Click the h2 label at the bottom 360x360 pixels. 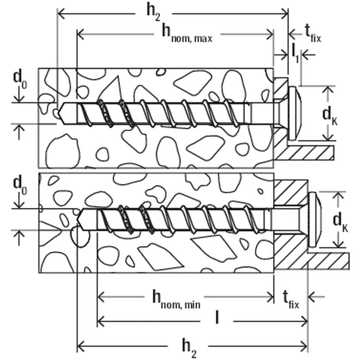pyautogui.click(x=189, y=347)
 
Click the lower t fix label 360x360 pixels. pyautogui.click(x=291, y=299)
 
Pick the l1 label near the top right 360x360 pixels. pyautogui.click(x=294, y=52)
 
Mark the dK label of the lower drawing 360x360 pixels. pyautogui.click(x=341, y=221)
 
